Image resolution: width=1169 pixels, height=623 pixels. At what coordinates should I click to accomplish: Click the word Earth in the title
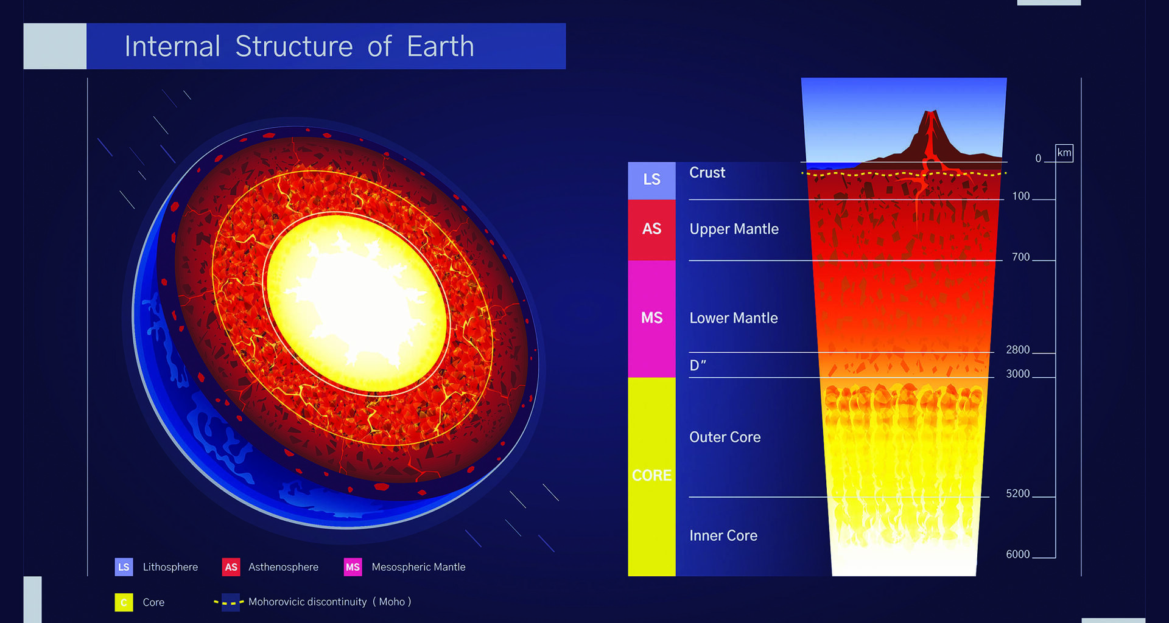[440, 46]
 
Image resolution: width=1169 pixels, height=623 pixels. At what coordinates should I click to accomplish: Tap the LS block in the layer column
[651, 180]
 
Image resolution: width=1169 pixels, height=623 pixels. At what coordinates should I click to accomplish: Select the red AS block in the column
[651, 229]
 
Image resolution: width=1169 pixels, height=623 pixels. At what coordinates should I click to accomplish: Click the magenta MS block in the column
[651, 318]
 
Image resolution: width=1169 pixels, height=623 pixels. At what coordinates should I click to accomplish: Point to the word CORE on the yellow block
[651, 475]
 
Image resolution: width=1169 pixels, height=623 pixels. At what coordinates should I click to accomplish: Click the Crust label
[707, 173]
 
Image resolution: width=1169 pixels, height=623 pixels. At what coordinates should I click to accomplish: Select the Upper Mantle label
[734, 229]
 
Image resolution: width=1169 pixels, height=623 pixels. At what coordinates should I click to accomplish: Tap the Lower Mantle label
[733, 318]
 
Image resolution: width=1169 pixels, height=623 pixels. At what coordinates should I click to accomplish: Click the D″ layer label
[697, 366]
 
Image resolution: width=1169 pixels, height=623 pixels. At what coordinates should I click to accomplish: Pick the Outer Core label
[725, 437]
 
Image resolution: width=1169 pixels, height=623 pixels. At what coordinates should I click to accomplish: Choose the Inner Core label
[723, 536]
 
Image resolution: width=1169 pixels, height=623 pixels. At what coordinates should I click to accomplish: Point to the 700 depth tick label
[1020, 257]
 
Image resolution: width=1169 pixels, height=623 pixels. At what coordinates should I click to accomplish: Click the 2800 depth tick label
[1017, 350]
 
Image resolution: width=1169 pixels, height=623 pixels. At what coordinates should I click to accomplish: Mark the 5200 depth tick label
[1017, 493]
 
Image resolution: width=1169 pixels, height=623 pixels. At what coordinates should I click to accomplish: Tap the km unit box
[1064, 153]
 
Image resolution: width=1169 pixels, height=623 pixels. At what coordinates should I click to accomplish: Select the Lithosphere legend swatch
[124, 567]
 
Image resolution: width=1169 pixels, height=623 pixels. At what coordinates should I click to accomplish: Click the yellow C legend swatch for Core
[124, 602]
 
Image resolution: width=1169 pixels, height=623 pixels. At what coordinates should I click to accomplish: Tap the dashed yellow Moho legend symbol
[230, 602]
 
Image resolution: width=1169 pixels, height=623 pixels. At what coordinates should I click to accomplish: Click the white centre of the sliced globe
[353, 298]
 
